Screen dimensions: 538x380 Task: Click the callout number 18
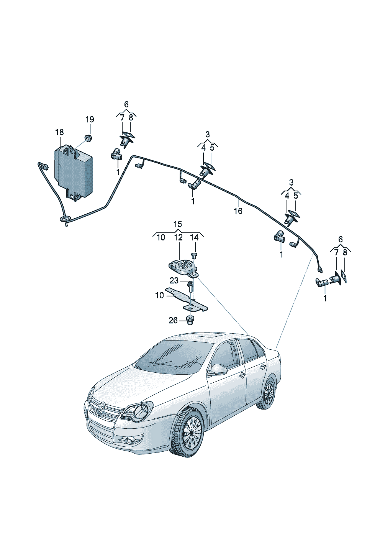pos(59,132)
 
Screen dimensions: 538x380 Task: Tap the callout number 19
pos(89,120)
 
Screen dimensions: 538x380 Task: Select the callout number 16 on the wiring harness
pos(238,211)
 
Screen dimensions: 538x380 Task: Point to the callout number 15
pos(177,224)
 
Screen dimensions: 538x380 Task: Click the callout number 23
pos(174,281)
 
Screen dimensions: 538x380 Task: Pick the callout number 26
pos(173,320)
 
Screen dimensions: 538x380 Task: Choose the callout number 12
pos(178,238)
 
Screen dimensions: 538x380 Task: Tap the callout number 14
pos(195,238)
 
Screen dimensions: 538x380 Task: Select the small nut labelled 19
pos(88,138)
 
